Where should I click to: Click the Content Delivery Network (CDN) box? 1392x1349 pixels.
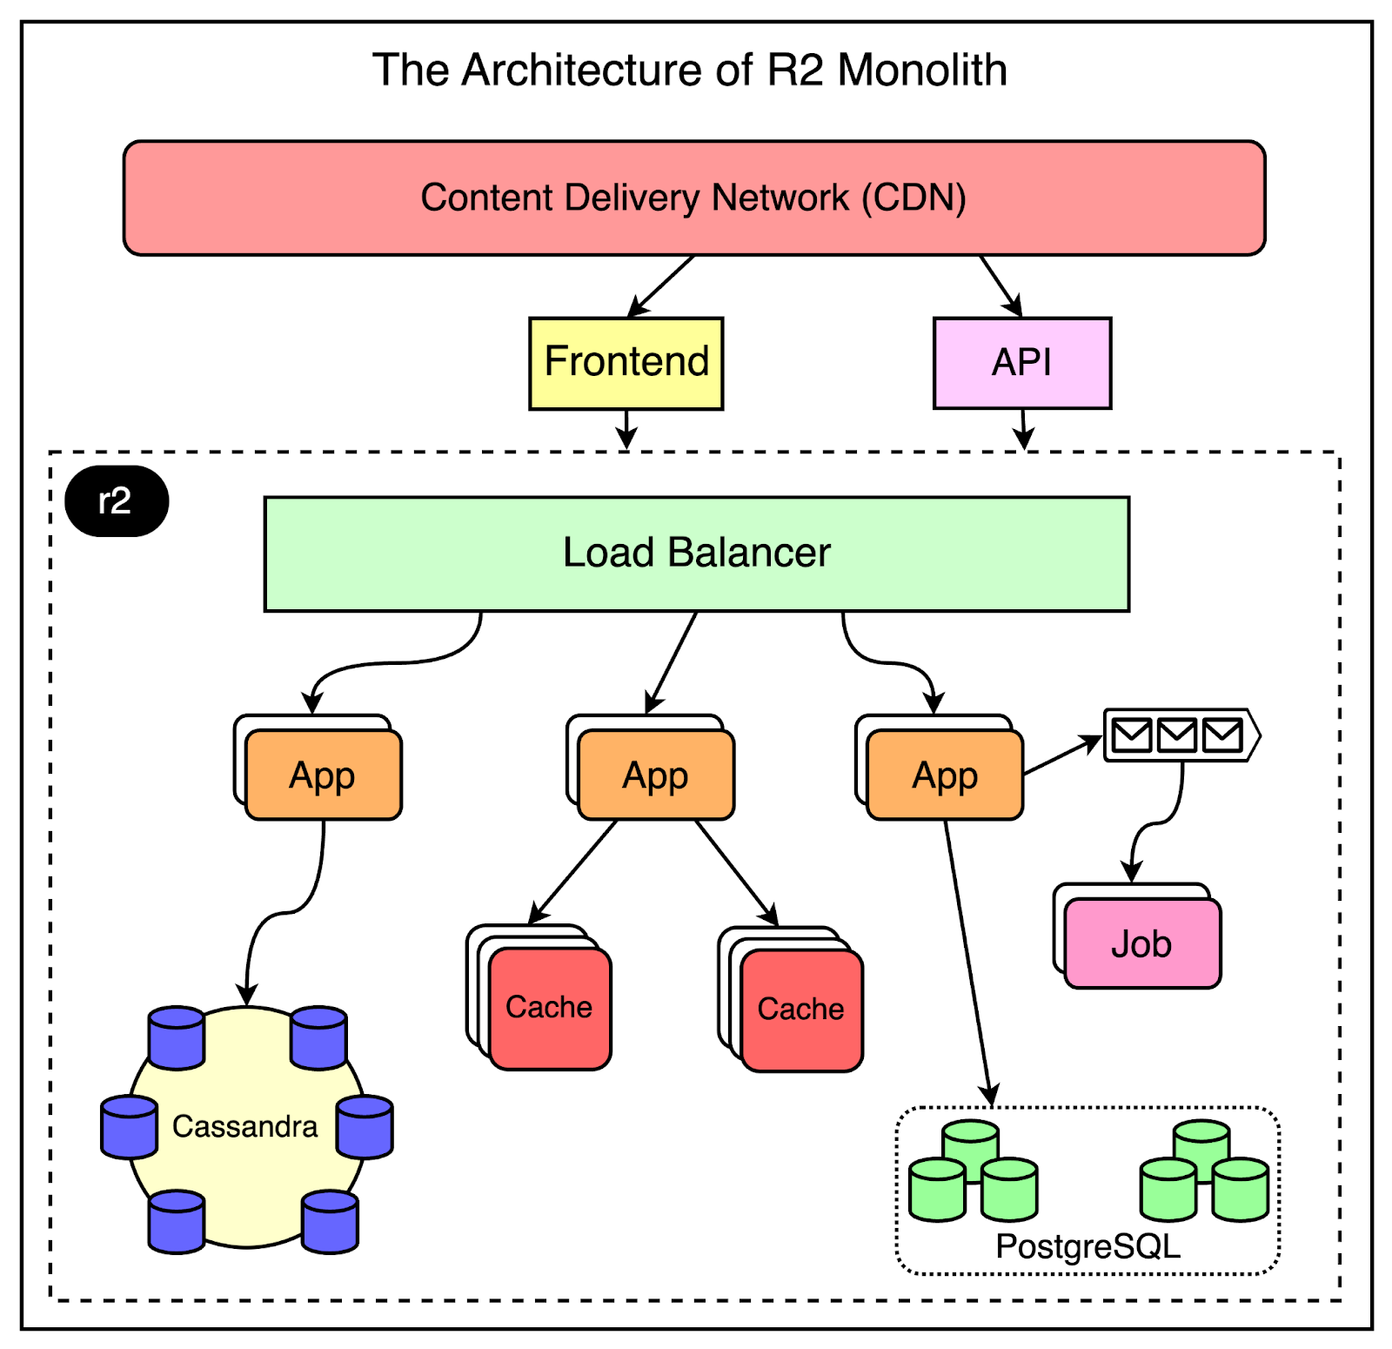tap(694, 198)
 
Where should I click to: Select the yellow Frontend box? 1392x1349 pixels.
tap(626, 363)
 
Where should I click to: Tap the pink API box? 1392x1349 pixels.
tap(1022, 363)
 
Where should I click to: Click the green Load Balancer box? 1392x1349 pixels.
tap(696, 554)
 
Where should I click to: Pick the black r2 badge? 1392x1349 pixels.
tap(117, 501)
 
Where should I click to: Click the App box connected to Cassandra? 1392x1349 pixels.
tap(324, 775)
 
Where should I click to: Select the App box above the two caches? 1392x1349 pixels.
tap(656, 775)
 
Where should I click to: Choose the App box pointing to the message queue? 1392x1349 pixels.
tap(946, 775)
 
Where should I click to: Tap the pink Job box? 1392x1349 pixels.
tap(1142, 944)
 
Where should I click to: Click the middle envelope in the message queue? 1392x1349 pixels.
tap(1177, 735)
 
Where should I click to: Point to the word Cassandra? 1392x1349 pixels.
tap(245, 1127)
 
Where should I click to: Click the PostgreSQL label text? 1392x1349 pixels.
tap(1087, 1246)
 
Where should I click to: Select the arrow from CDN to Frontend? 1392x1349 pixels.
tap(661, 285)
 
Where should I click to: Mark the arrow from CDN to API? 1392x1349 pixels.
tap(1000, 285)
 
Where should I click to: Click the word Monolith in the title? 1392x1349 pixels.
tap(922, 70)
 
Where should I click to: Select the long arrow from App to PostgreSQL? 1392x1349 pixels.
tap(967, 957)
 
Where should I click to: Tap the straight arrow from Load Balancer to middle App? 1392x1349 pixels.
tap(672, 661)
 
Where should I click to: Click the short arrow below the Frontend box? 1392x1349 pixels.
tap(626, 428)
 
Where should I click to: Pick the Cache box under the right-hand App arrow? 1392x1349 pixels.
tap(801, 1010)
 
